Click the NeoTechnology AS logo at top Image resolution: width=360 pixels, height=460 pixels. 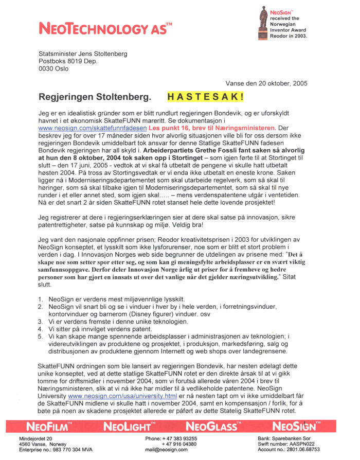105,28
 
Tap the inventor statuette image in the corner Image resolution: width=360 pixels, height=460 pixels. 264,23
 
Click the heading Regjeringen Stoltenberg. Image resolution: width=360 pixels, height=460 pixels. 95,96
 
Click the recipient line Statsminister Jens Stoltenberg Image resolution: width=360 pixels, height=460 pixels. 83,54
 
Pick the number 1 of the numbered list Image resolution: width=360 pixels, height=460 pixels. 41,299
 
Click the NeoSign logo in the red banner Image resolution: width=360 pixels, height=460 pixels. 297,427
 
